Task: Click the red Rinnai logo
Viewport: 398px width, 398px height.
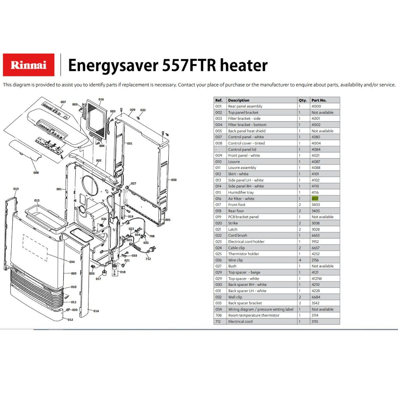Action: (x=29, y=65)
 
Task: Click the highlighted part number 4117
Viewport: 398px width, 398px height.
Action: (x=315, y=199)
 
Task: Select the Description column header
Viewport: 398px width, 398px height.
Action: (x=238, y=100)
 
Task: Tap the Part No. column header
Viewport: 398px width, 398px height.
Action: (x=319, y=100)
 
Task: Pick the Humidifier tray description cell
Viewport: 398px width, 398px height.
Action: (x=241, y=192)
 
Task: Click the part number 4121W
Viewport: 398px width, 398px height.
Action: (x=317, y=279)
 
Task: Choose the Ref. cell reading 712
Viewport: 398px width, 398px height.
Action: (x=218, y=321)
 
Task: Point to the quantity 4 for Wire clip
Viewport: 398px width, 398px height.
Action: (x=300, y=260)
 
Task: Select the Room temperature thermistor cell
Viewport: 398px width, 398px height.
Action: (x=254, y=315)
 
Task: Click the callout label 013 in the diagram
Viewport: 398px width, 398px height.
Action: (x=16, y=189)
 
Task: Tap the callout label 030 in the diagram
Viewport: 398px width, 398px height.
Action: (x=174, y=180)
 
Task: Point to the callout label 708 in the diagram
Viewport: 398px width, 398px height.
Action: (x=152, y=236)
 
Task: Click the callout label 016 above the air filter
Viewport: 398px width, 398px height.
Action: (x=101, y=99)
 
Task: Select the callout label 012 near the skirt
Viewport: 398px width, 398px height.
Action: (x=70, y=319)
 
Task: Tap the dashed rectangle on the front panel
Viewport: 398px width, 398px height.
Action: (x=35, y=248)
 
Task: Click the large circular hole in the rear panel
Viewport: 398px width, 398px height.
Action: (x=90, y=186)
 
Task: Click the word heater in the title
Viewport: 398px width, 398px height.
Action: (x=244, y=65)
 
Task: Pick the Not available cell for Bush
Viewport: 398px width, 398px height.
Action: (x=323, y=266)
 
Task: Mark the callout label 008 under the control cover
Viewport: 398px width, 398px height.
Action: (x=36, y=173)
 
